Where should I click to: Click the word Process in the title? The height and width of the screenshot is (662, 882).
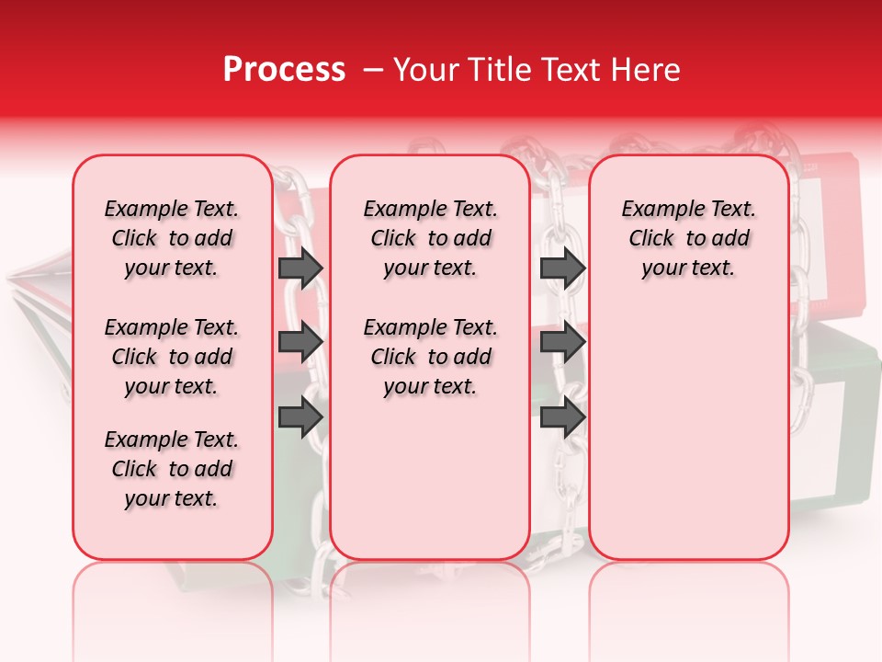(284, 70)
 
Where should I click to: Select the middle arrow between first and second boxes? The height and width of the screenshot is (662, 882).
(300, 342)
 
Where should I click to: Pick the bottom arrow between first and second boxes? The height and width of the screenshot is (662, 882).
(300, 417)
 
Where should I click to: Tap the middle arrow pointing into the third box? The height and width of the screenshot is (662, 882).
(562, 342)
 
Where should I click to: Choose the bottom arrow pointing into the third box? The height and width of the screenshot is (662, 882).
(562, 417)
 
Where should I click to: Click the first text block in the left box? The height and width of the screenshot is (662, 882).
(172, 238)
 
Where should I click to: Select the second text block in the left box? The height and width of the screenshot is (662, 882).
(172, 357)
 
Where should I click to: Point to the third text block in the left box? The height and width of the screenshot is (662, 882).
(172, 469)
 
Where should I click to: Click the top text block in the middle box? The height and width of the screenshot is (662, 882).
(430, 238)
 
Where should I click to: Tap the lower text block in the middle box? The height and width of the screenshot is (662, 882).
(430, 357)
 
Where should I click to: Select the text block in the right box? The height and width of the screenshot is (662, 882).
(689, 238)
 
